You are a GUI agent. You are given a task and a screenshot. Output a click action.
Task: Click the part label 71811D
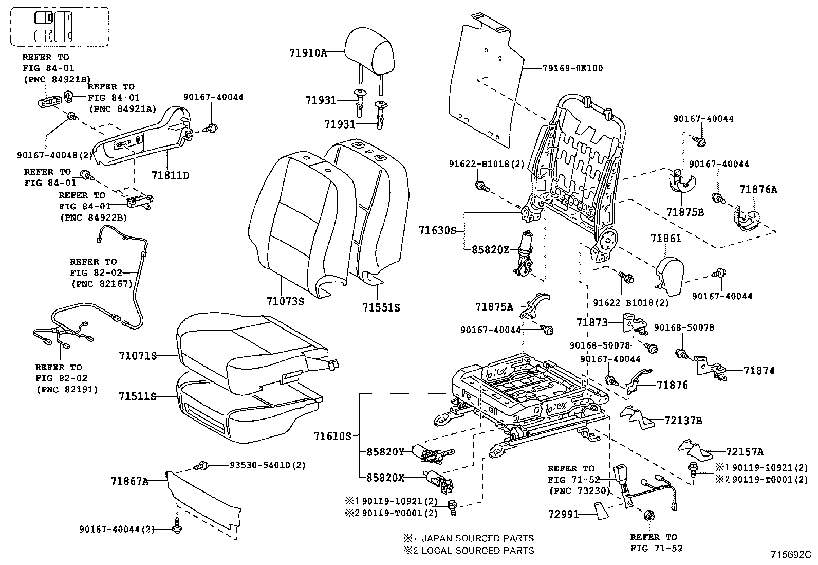170,176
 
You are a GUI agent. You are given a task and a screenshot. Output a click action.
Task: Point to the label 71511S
137,397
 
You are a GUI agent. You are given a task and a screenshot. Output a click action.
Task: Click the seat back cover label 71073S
285,301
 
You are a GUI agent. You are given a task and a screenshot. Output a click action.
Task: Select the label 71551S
381,308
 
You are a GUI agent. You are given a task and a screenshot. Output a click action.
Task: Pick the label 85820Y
385,452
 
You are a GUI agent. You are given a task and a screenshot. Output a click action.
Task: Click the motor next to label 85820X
436,480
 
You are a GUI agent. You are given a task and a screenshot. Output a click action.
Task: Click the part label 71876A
758,190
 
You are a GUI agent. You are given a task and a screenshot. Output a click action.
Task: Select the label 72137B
683,421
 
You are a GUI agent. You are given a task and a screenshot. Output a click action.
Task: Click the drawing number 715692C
790,555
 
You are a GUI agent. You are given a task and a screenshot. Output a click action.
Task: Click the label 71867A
129,481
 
